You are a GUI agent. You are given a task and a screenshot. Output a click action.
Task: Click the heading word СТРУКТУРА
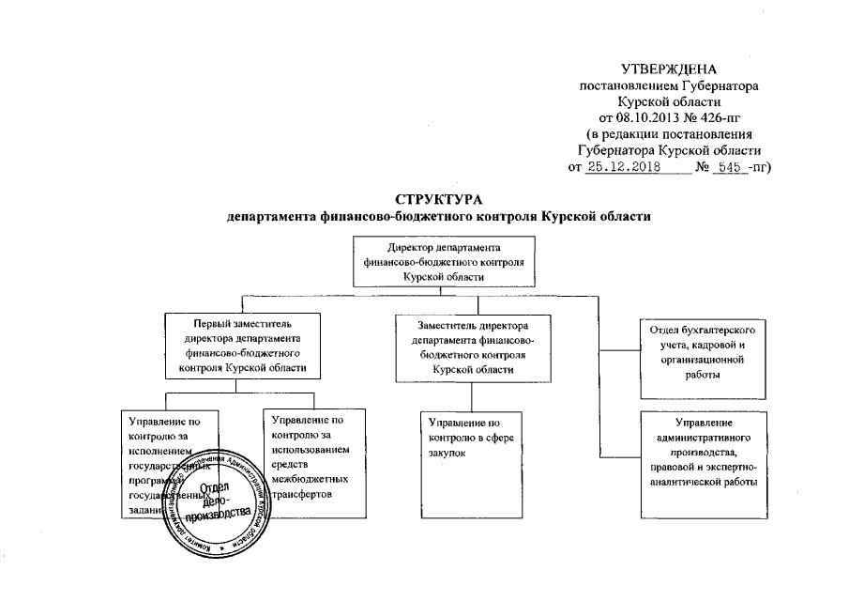[439, 199]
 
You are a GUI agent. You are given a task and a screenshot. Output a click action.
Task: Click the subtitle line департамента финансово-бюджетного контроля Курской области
[439, 216]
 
